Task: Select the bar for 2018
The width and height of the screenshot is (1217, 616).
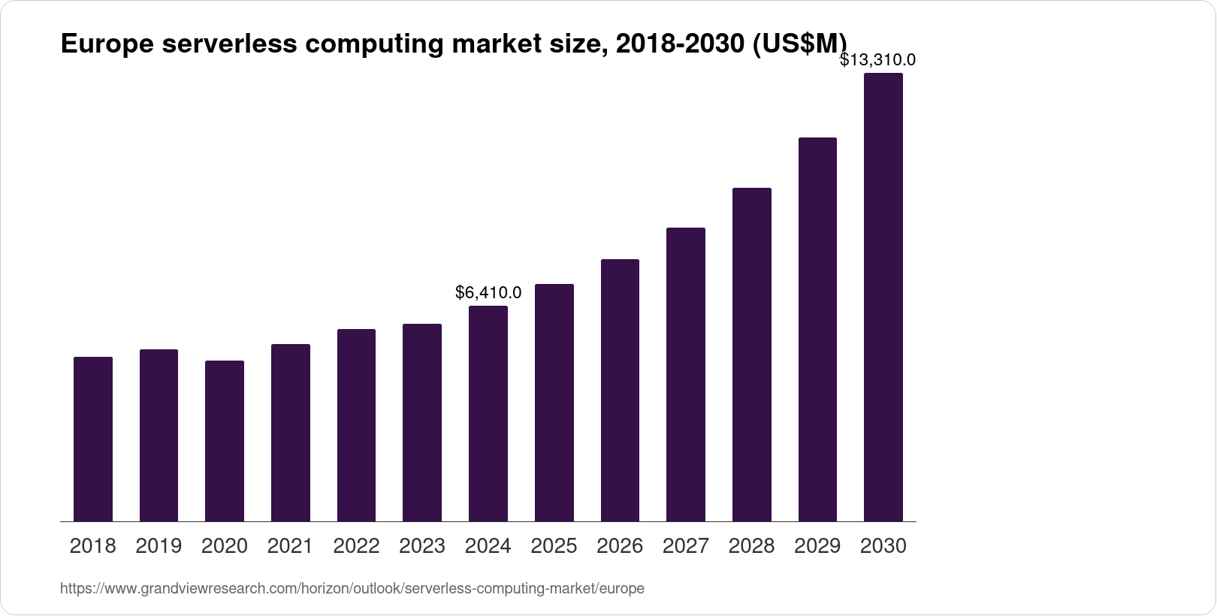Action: click(93, 439)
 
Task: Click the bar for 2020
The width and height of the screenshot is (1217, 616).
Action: click(225, 441)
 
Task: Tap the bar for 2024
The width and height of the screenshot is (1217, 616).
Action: click(488, 413)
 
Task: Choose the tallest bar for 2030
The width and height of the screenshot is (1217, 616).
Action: click(883, 297)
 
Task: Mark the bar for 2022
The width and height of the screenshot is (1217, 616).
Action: click(357, 425)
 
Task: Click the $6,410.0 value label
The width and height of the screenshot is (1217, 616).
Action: click(488, 292)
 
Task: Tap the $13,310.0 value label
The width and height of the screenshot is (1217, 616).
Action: click(877, 59)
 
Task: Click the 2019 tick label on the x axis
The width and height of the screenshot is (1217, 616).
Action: click(159, 546)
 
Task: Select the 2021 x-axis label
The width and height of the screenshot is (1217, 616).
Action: click(291, 546)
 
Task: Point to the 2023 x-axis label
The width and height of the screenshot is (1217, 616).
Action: click(422, 546)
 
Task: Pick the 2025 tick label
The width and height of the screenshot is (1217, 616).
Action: click(554, 546)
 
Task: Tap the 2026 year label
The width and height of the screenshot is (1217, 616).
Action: click(620, 546)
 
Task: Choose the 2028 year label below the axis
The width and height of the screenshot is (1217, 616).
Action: click(752, 546)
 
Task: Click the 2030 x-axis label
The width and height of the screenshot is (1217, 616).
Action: click(883, 546)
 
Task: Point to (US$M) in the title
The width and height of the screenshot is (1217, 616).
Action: click(799, 45)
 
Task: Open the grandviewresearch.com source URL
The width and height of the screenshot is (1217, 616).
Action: click(352, 589)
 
